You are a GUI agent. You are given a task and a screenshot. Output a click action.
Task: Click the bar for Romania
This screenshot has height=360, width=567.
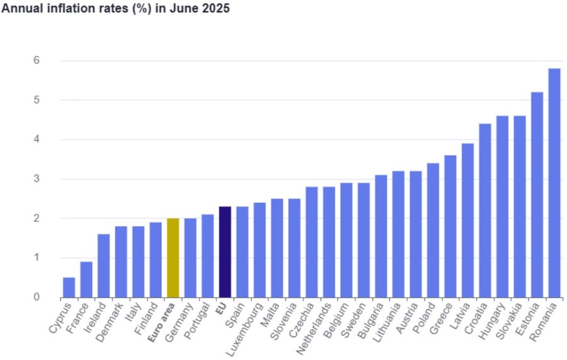click(554, 183)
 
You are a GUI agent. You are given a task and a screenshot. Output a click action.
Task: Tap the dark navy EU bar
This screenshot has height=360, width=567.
click(225, 252)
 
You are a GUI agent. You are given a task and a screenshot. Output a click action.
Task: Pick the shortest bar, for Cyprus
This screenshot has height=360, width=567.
click(69, 287)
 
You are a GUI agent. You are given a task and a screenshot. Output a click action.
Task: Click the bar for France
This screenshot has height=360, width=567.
click(86, 279)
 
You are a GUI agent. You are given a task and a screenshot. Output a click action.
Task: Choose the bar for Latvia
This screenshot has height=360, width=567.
click(467, 220)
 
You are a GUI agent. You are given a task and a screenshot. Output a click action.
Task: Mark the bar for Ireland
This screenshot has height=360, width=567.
click(103, 265)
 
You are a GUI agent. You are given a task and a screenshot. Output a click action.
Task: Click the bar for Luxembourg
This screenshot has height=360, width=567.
click(260, 250)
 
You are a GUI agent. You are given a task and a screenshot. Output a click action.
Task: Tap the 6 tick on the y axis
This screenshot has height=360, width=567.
click(37, 61)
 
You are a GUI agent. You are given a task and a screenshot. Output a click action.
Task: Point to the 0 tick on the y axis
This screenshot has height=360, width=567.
click(37, 297)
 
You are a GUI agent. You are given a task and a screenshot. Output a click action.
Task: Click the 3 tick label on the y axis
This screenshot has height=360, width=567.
click(37, 179)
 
